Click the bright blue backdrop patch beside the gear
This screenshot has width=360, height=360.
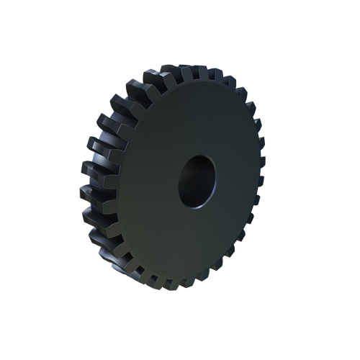97,86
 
